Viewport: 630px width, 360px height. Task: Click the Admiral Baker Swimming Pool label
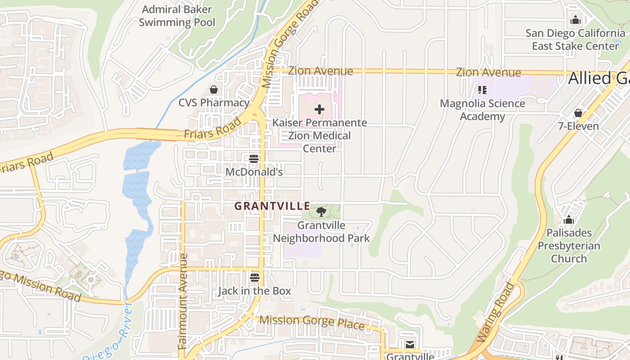pos(177,16)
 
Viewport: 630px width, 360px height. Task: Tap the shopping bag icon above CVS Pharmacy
pos(214,90)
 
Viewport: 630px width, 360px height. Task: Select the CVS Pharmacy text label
pos(214,103)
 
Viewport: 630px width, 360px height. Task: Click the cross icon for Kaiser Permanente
pos(319,109)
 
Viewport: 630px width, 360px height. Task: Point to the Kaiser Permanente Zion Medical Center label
pos(319,135)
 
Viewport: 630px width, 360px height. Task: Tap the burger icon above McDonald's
pos(254,158)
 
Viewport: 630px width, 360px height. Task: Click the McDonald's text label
pos(254,172)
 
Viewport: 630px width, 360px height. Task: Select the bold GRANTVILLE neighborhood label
pos(272,206)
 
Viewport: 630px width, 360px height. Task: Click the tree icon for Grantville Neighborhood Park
pos(321,211)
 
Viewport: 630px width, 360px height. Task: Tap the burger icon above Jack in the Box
pos(255,278)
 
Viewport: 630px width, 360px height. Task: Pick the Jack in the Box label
pos(255,291)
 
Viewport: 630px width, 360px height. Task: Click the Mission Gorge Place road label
pos(312,322)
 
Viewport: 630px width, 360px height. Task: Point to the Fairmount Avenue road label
pos(183,301)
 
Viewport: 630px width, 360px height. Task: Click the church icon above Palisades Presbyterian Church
pos(569,220)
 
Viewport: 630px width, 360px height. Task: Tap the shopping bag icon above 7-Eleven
pos(578,112)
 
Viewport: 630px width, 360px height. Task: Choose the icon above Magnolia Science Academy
pos(482,90)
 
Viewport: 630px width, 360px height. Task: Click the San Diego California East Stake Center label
pos(575,40)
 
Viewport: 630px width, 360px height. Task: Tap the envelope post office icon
pos(410,345)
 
